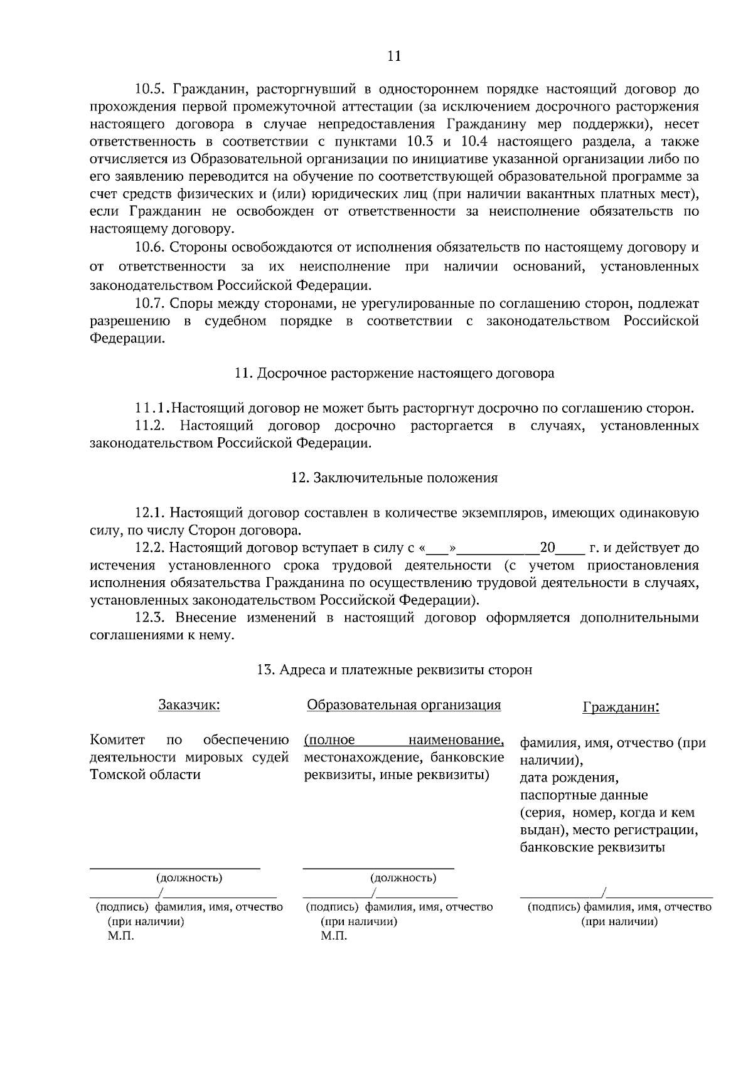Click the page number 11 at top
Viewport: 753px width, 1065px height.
pos(394,56)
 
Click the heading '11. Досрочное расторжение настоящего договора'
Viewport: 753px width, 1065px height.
pos(394,374)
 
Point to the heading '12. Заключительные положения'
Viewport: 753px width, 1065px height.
pos(394,478)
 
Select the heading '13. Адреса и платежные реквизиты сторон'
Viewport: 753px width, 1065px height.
pos(394,670)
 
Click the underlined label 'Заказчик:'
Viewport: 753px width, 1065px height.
pos(189,705)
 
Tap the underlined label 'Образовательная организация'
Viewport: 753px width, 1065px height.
pos(403,705)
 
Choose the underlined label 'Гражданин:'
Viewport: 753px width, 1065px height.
pos(621,707)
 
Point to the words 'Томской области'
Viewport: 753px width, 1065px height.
pos(146,775)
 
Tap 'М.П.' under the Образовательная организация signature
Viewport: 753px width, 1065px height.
pos(334,936)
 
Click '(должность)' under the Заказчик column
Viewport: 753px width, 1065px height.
pos(189,877)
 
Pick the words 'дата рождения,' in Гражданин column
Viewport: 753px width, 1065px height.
pos(569,778)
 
